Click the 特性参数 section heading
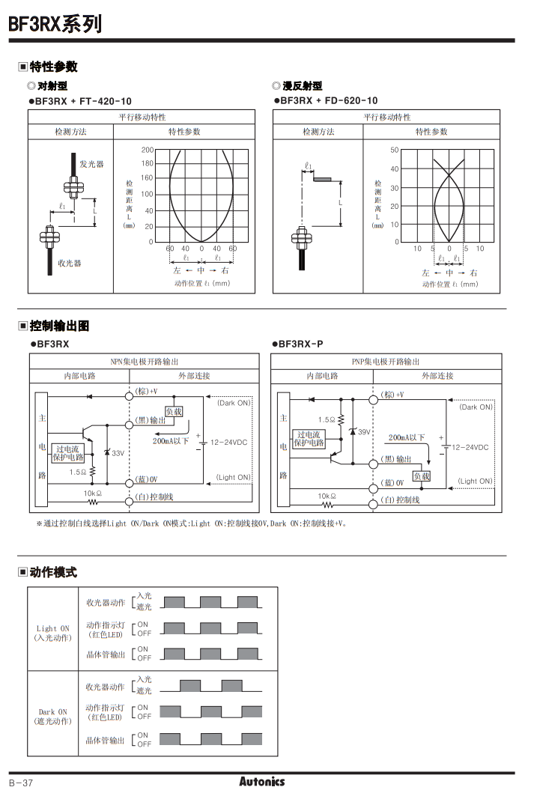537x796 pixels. tap(53, 67)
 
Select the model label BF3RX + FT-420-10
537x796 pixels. tap(83, 101)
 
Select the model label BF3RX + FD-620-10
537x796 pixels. tap(329, 101)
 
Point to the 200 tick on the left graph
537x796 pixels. tap(147, 150)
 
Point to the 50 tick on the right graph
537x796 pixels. tap(395, 151)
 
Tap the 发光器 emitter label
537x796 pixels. tap(92, 163)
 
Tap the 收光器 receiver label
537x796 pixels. tap(70, 263)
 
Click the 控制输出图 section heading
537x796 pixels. tap(59, 326)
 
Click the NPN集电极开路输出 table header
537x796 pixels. tap(145, 362)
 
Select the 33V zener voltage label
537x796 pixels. tap(118, 453)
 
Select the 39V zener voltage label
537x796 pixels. tap(364, 432)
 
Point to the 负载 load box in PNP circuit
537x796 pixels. tap(422, 476)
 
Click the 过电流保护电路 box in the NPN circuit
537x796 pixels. tap(70, 453)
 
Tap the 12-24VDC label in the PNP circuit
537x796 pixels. tap(470, 447)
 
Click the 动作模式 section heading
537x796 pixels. tap(53, 573)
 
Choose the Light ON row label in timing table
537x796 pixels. tap(52, 633)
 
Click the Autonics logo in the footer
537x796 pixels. tap(262, 782)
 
